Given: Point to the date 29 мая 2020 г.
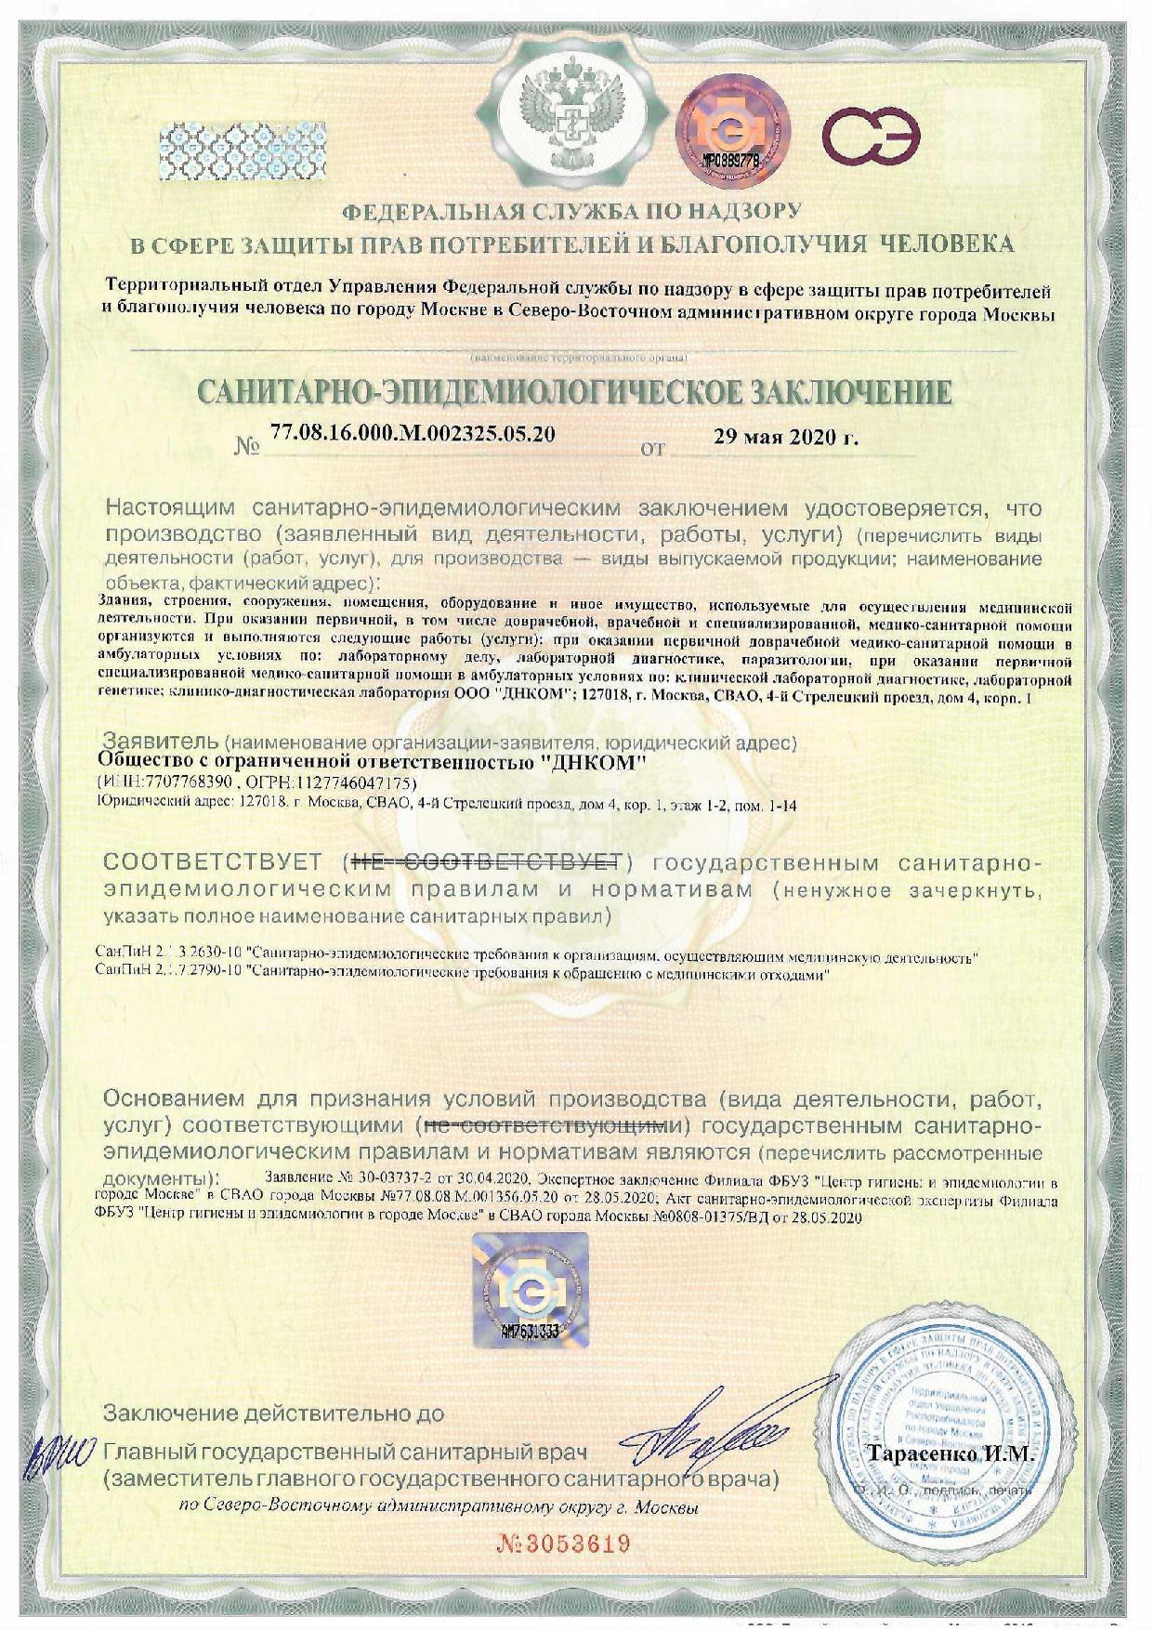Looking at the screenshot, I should pos(785,438).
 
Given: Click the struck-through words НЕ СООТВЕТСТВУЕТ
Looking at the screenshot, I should pos(489,862).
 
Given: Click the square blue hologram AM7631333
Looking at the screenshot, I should pos(530,1288).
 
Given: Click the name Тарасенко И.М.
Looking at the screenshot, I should pos(950,1453).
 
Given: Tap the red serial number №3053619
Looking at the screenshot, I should pos(564,1545).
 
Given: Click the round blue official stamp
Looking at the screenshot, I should pos(938,1440).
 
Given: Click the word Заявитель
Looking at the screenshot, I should pos(160,743).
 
